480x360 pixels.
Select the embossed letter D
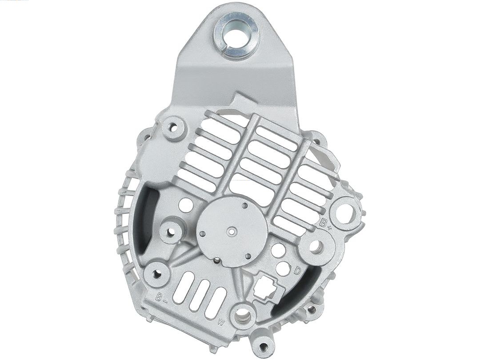[x=298, y=271]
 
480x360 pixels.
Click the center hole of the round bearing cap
[x=231, y=232]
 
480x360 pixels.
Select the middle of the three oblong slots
[x=199, y=295]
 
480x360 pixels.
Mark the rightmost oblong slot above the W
[x=216, y=303]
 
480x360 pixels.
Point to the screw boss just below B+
[x=316, y=247]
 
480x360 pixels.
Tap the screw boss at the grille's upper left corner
[x=173, y=128]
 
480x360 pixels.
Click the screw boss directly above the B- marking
[x=157, y=274]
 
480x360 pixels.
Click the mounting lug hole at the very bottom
[x=264, y=346]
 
